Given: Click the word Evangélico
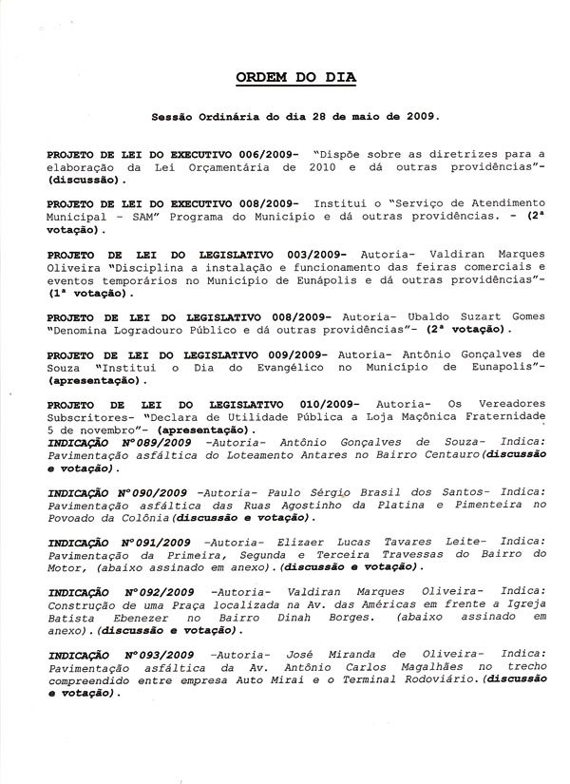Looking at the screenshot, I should tap(276, 366).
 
